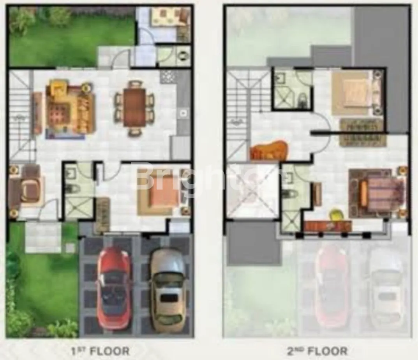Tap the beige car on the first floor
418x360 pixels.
(x=168, y=289)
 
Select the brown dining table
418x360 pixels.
(x=134, y=108)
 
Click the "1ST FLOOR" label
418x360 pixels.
(x=100, y=351)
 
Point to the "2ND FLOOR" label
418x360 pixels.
(x=317, y=351)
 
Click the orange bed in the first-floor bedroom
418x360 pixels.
(x=159, y=191)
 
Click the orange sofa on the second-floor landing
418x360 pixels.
(x=269, y=151)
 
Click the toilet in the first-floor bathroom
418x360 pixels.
(x=73, y=189)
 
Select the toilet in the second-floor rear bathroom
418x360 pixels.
(x=302, y=100)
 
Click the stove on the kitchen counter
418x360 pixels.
(x=168, y=77)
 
